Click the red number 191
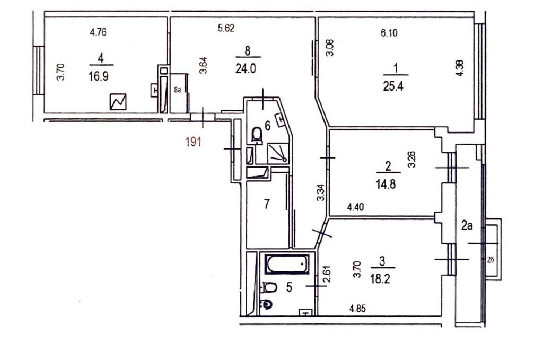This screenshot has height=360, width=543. tap(193, 142)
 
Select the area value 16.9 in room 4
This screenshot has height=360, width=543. tap(98, 76)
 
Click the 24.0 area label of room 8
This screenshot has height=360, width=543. tap(246, 68)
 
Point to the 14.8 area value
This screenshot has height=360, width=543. tap(386, 184)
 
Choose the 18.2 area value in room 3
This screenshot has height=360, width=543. tap(380, 279)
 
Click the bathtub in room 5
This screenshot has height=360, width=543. tap(287, 264)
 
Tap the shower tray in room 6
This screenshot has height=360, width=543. tap(278, 153)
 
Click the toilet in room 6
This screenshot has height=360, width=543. tap(257, 135)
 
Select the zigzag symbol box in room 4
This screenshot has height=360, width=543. tap(118, 102)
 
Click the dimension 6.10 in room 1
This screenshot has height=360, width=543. tap(389, 33)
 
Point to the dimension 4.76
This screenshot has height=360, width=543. tap(98, 32)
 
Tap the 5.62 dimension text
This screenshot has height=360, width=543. tap(226, 28)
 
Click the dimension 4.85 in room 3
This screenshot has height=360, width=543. tap(357, 308)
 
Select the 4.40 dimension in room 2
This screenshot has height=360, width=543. tap(355, 207)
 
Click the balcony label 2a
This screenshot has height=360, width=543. tap(467, 226)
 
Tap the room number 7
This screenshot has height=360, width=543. tap(266, 204)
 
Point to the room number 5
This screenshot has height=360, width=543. tap(289, 287)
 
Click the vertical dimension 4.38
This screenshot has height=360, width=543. tap(460, 68)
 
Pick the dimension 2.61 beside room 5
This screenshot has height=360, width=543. tap(328, 274)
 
